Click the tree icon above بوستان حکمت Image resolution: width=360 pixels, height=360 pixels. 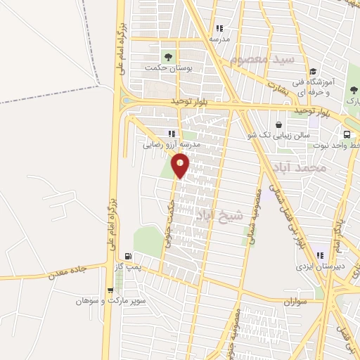168,56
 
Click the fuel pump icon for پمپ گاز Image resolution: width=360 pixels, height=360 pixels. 127,257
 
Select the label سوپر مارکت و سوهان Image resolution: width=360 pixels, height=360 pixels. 112,301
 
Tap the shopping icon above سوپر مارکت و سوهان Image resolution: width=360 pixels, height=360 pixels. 110,290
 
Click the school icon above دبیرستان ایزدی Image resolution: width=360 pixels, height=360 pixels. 320,256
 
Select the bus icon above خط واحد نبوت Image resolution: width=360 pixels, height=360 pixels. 347,135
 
